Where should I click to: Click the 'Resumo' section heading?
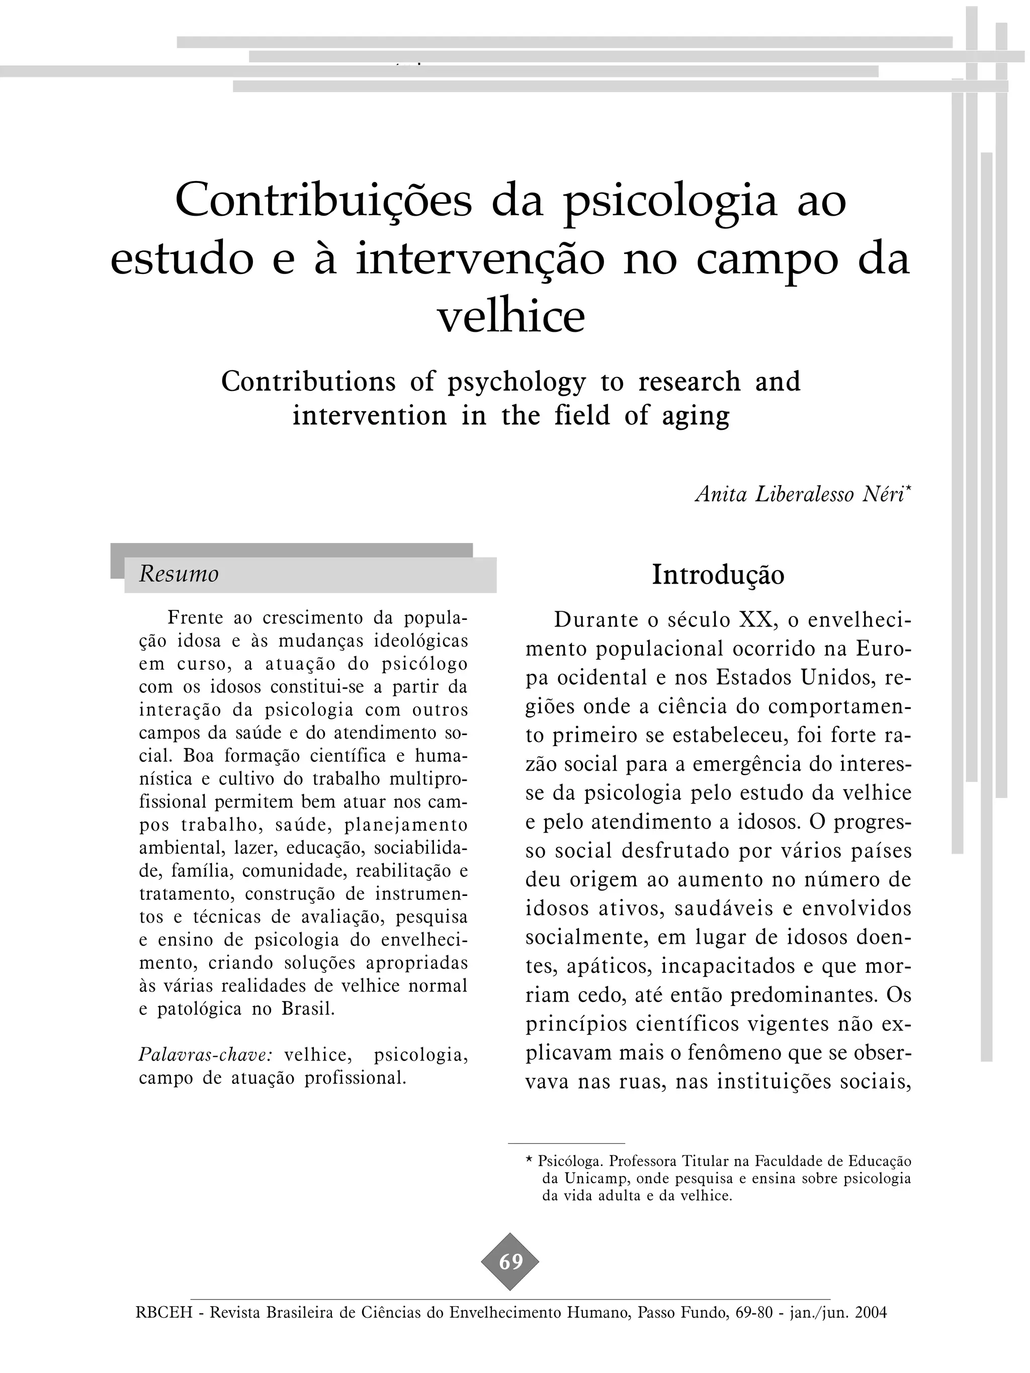179,574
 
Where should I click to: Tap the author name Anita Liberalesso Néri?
800,494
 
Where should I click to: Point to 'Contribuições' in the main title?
323,201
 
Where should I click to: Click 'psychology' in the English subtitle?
517,381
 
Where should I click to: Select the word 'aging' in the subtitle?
696,415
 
